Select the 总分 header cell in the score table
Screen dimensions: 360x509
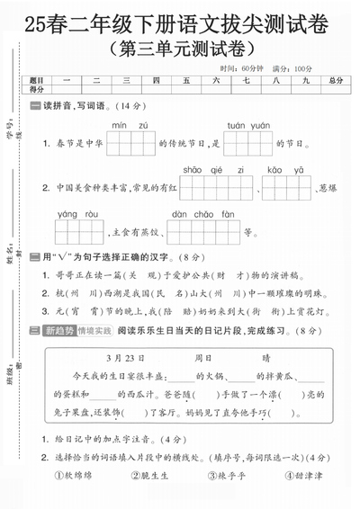pyautogui.click(x=336, y=80)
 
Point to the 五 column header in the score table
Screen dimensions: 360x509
pyautogui.click(x=186, y=80)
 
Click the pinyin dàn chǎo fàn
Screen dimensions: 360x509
pyautogui.click(x=202, y=214)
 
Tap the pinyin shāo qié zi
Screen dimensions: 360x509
pyautogui.click(x=204, y=169)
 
